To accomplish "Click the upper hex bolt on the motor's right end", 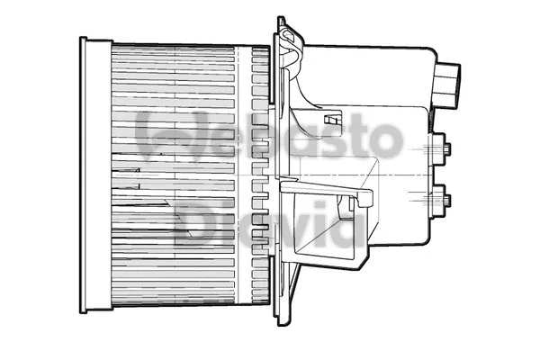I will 444,148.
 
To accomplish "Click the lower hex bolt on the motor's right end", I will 444,200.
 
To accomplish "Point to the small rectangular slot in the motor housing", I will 333,119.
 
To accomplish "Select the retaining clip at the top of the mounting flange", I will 289,40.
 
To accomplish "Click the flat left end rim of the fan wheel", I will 84,175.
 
